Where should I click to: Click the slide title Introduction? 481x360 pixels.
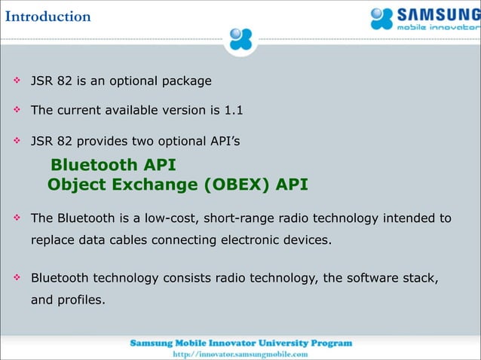click(x=46, y=16)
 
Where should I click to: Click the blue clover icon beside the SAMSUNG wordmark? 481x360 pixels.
click(x=382, y=19)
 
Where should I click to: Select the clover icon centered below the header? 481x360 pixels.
click(x=240, y=38)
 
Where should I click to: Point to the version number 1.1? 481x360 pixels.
click(x=233, y=110)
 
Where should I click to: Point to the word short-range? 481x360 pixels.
click(x=237, y=218)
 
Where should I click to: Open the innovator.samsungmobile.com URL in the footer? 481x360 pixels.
click(x=240, y=353)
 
